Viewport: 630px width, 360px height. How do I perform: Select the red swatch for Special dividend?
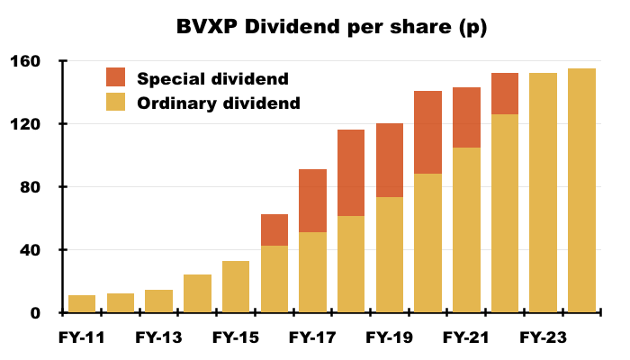(118, 77)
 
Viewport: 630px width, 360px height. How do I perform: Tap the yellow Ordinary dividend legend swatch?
(118, 102)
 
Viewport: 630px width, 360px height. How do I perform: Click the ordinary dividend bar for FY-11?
(82, 304)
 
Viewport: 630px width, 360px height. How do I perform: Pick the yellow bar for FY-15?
(236, 287)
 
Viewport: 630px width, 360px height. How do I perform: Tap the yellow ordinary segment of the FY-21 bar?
(466, 230)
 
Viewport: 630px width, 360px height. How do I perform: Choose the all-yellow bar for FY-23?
(543, 193)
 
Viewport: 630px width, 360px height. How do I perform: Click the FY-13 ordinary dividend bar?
(158, 301)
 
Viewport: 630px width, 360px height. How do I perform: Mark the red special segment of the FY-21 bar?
(466, 117)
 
